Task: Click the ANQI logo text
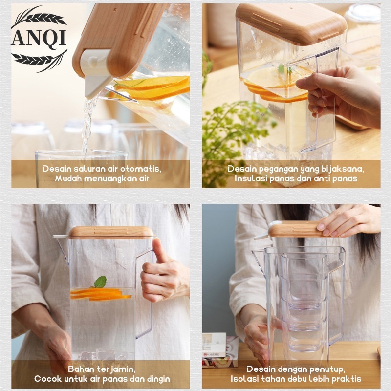click(x=39, y=38)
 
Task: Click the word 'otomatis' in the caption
click(x=143, y=169)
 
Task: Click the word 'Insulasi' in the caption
click(x=251, y=179)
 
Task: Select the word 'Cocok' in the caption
click(x=48, y=379)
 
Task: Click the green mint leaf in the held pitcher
click(x=100, y=282)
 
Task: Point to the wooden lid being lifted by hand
click(x=296, y=228)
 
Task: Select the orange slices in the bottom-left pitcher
click(x=100, y=294)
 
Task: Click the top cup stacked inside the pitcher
click(x=303, y=266)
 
